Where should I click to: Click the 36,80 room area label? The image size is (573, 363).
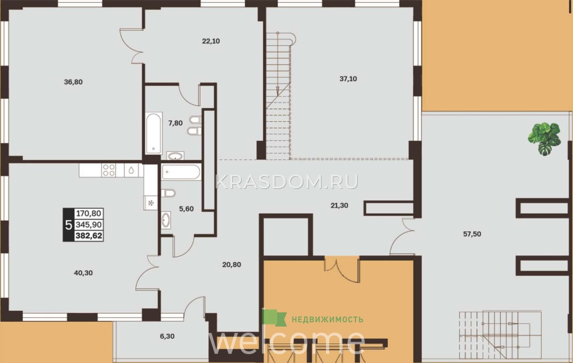tap(73, 82)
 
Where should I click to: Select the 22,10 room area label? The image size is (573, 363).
tap(211, 41)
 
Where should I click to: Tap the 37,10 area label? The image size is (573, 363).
tap(348, 79)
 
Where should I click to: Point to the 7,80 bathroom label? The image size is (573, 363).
tap(175, 123)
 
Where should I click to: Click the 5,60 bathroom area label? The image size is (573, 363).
tap(186, 209)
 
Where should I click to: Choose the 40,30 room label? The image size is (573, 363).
tap(83, 273)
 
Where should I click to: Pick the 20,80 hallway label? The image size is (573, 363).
tap(231, 264)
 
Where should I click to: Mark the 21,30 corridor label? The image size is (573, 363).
tap(339, 205)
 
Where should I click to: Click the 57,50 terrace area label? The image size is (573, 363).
tap(472, 234)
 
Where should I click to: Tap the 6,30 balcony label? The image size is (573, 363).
tap(167, 336)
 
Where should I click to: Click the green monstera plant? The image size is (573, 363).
tap(544, 138)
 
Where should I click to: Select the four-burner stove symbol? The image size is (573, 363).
tap(109, 170)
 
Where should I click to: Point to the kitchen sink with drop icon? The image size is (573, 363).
tap(131, 170)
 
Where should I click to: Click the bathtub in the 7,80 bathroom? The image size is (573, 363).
tap(154, 133)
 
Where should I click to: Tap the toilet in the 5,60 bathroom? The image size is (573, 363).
tap(168, 193)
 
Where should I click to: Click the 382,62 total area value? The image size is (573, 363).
tap(89, 236)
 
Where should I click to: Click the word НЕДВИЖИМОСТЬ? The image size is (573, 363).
tap(327, 320)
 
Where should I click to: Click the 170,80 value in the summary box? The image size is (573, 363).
tap(89, 213)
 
